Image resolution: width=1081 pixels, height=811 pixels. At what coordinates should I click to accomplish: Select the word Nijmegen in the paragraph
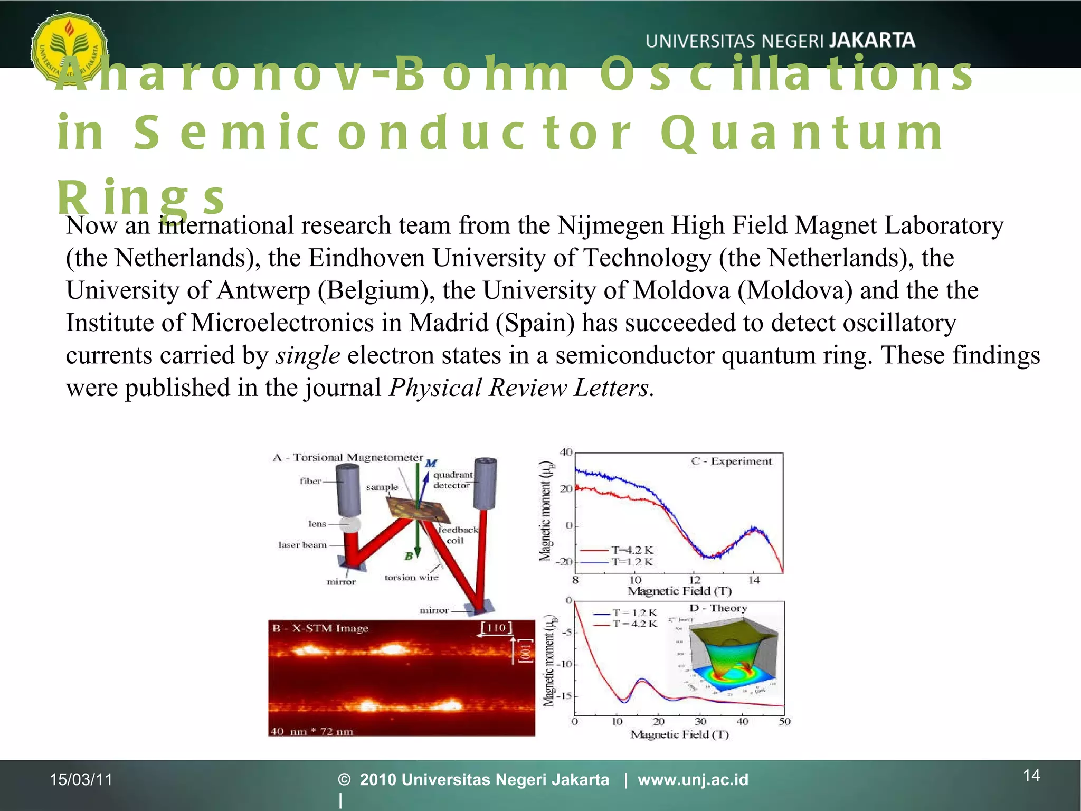tap(610, 226)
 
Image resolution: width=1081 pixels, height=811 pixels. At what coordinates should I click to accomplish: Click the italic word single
tap(308, 355)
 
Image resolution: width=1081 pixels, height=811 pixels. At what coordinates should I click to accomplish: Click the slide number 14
tap(1031, 775)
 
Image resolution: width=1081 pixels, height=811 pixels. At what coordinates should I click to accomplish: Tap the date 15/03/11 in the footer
tap(81, 779)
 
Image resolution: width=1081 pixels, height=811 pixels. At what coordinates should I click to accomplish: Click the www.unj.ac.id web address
tap(693, 779)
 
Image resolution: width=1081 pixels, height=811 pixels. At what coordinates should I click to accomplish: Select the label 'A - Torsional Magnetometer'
tap(348, 457)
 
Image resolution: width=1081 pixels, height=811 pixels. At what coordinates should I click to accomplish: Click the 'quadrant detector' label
tap(452, 480)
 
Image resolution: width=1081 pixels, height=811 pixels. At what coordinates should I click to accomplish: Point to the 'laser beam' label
tap(302, 545)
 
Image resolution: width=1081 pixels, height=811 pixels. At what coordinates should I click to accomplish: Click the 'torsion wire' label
tap(411, 578)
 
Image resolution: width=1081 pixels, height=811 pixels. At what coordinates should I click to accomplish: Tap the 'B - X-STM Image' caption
tap(320, 628)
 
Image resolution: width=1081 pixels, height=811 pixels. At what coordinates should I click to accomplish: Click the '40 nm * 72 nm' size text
tap(311, 731)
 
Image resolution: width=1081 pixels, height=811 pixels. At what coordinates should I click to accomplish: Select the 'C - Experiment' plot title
tap(731, 461)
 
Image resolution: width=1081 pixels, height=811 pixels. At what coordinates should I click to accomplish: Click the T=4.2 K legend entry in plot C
tap(632, 550)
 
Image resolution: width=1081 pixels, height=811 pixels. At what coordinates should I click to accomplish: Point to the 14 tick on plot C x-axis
tap(754, 580)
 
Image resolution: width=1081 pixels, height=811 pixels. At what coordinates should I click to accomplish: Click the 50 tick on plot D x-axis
tap(784, 721)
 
